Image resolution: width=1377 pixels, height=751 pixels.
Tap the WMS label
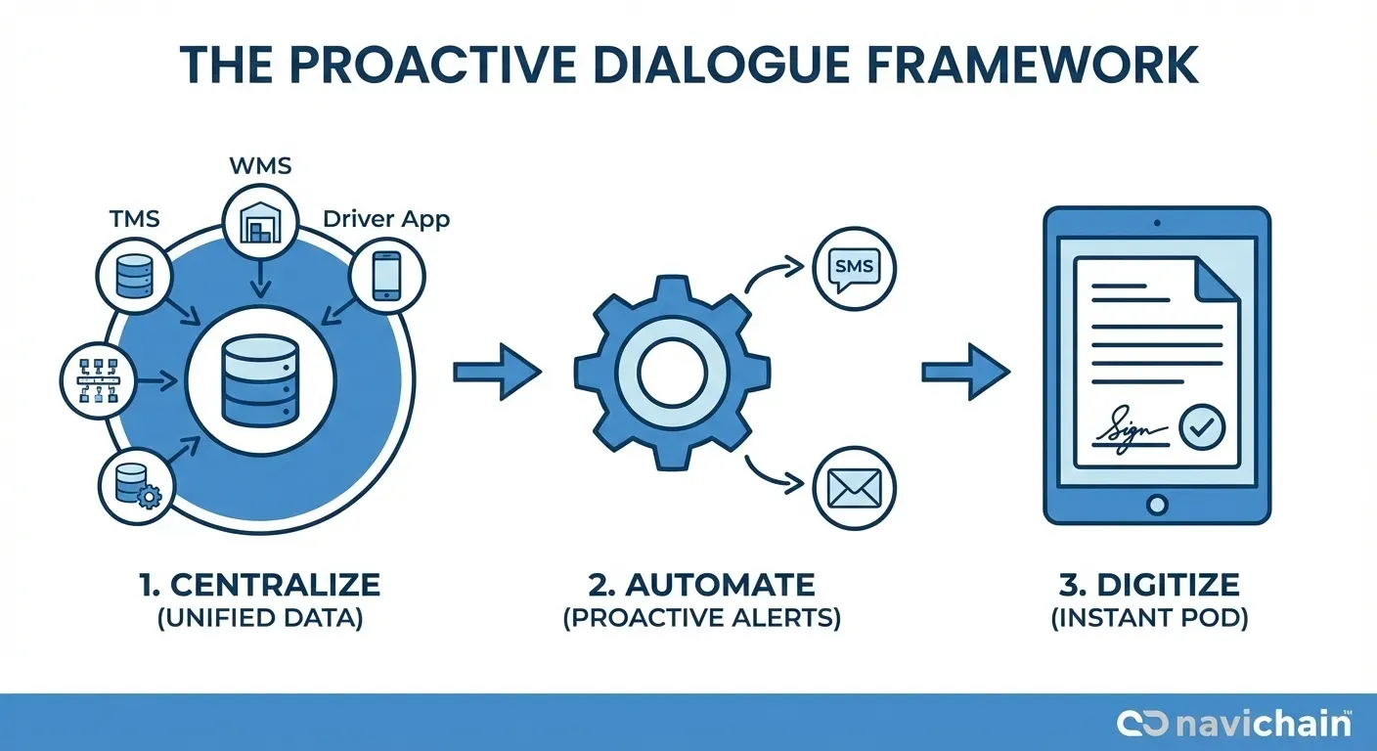[x=259, y=165]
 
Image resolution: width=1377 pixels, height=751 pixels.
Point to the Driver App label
[x=387, y=219]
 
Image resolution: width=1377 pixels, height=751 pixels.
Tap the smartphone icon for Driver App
[x=387, y=275]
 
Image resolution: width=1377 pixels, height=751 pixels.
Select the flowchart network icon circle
[x=96, y=377]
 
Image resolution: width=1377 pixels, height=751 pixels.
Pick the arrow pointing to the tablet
[x=965, y=372]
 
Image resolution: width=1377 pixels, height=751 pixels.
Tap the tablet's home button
[x=1157, y=505]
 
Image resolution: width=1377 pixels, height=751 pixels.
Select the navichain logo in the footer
[x=1233, y=723]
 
